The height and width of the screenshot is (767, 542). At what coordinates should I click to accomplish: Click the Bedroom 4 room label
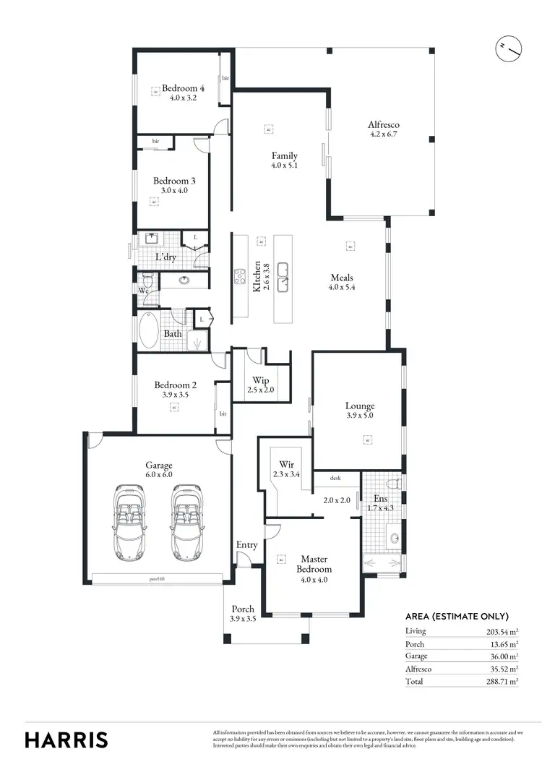click(183, 88)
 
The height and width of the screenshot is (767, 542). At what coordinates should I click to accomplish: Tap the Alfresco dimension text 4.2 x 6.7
click(384, 134)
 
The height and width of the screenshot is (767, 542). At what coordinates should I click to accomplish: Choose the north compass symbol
click(509, 48)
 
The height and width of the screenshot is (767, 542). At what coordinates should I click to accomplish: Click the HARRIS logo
click(66, 740)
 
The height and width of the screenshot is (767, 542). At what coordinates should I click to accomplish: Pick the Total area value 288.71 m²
click(503, 681)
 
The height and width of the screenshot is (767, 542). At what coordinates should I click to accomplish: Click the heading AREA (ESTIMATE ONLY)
click(457, 617)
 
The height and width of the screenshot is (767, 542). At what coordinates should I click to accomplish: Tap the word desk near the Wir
click(335, 478)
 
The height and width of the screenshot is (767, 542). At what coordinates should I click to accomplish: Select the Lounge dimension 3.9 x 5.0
click(359, 416)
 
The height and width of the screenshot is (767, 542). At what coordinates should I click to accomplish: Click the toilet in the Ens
click(393, 483)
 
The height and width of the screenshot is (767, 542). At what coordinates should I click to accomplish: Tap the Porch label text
click(243, 609)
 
